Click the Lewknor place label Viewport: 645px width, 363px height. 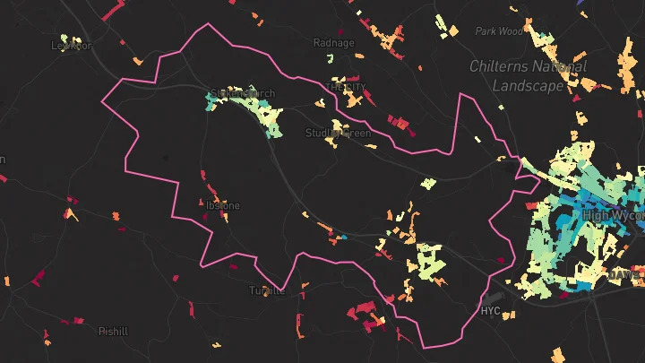point(72,44)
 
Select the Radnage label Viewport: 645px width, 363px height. point(334,42)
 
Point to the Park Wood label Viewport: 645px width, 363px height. point(499,31)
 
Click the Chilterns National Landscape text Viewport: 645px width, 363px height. point(529,76)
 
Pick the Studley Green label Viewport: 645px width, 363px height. point(338,134)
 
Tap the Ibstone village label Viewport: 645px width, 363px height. point(223,205)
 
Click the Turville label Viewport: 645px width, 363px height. point(267,290)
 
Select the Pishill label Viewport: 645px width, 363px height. point(113,331)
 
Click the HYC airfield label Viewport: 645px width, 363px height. point(490,312)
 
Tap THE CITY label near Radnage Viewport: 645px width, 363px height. point(347,87)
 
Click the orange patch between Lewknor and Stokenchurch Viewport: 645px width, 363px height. point(137,61)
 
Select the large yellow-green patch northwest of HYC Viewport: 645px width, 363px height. point(431,260)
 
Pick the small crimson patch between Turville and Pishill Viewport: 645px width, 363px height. point(193,310)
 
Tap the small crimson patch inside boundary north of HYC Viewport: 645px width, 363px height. point(500,261)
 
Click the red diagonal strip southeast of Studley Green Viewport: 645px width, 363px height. point(402,124)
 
